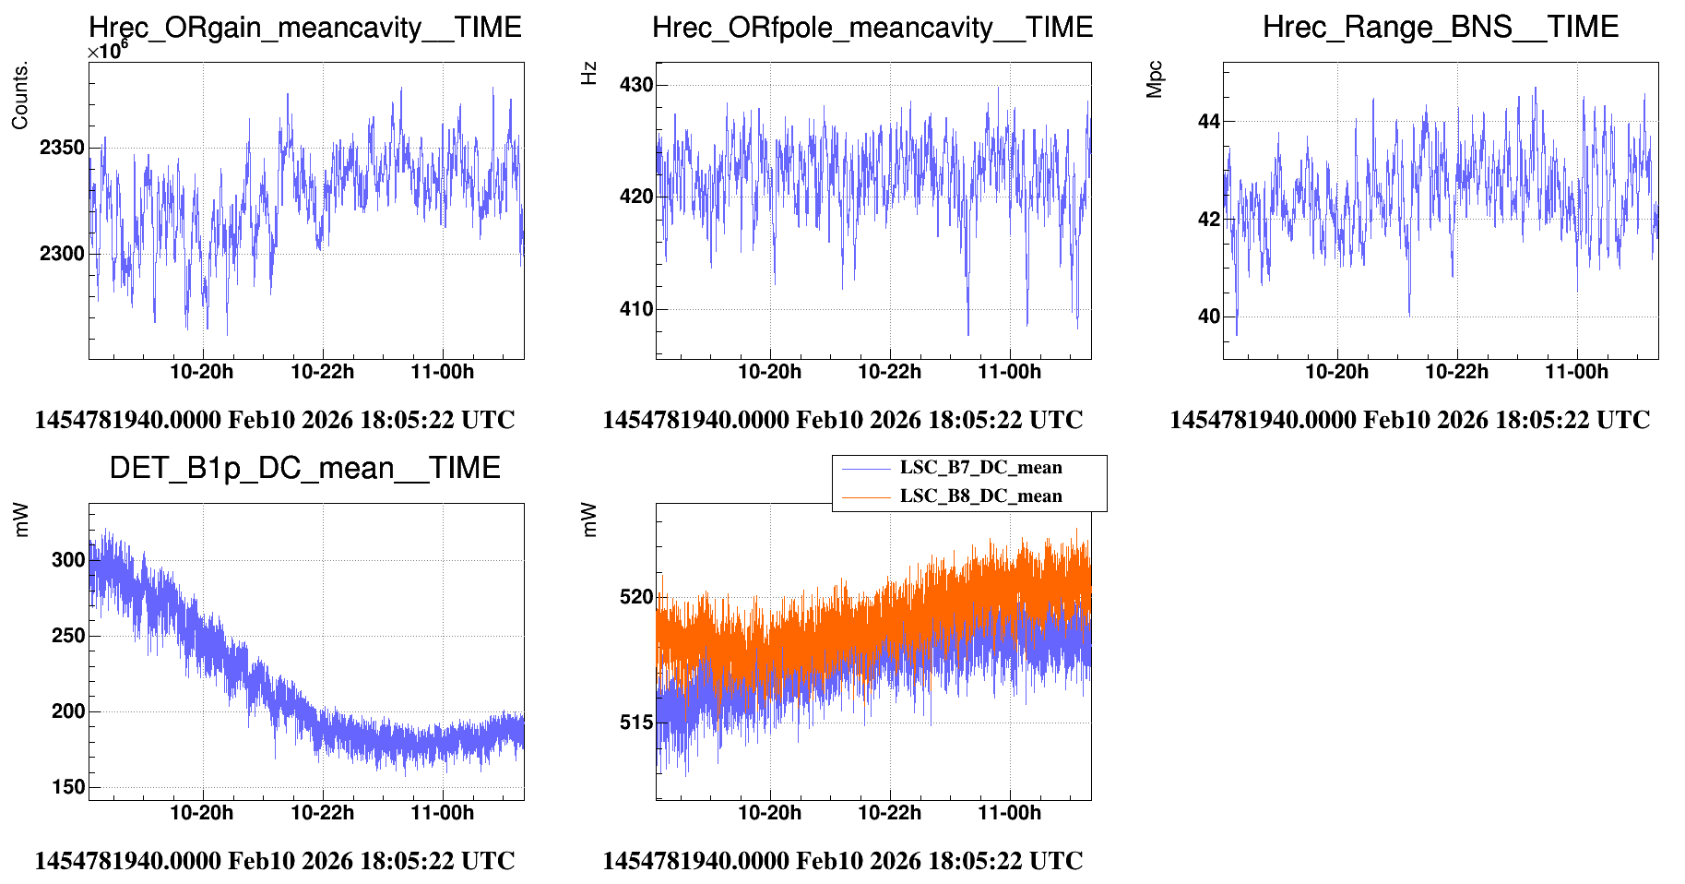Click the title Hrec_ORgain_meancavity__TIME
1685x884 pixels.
(x=305, y=28)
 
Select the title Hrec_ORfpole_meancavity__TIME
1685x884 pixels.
(x=872, y=28)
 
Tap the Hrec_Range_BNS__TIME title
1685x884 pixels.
(x=1440, y=27)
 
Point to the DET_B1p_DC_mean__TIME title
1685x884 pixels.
(x=305, y=469)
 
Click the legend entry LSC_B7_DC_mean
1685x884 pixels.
(x=980, y=468)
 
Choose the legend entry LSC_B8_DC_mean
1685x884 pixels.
(x=980, y=496)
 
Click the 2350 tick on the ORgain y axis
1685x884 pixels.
(x=62, y=148)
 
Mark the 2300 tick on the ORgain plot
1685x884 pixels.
(x=62, y=254)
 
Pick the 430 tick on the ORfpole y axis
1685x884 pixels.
(x=636, y=85)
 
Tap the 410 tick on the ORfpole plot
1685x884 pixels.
(x=636, y=309)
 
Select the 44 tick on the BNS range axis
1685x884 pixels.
(x=1208, y=122)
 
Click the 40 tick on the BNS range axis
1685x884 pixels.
(x=1208, y=317)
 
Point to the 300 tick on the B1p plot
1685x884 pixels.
(x=68, y=560)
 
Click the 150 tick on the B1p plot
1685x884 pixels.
(x=68, y=787)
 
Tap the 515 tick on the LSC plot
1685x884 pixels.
(x=636, y=723)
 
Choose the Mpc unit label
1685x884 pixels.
(x=1155, y=79)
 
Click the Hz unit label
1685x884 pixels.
(x=589, y=74)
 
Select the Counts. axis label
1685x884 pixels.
(x=20, y=96)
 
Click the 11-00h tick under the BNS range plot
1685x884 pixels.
(x=1576, y=372)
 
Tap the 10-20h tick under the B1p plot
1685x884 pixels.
(x=202, y=813)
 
